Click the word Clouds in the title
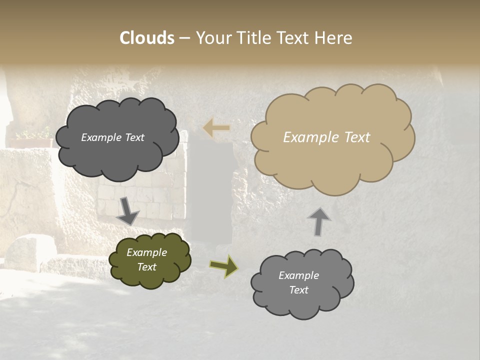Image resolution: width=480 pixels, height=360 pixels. (147, 38)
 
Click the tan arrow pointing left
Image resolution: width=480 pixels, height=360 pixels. (217, 128)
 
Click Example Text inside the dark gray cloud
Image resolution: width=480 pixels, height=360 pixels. (112, 137)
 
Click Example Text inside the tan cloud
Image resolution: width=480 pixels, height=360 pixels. (326, 137)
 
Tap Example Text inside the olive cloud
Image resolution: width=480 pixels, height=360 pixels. (146, 259)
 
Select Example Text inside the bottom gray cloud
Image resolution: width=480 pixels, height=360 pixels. (298, 282)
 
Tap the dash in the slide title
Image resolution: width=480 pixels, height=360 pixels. (184, 38)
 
